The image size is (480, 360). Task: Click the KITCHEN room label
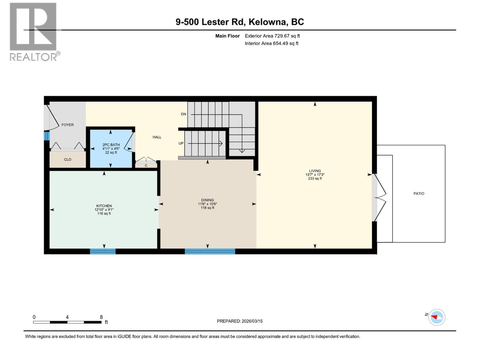tap(104, 206)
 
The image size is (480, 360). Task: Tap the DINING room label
tap(208, 200)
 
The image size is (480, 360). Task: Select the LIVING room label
tap(315, 171)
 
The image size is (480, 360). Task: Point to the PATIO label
tap(419, 193)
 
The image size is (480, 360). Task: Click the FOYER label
tap(67, 125)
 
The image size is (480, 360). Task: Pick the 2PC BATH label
tap(111, 145)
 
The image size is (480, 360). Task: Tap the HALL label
tap(157, 137)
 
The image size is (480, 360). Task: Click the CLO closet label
tap(67, 160)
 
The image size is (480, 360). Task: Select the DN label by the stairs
tap(183, 114)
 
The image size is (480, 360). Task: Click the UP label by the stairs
tap(181, 143)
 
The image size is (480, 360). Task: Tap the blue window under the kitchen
tap(103, 251)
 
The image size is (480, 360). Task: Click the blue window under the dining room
tap(210, 251)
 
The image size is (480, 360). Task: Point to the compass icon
tap(437, 317)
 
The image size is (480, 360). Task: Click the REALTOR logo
tap(34, 31)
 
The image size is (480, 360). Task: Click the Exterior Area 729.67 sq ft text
tap(272, 36)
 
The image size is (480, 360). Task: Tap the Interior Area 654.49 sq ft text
tap(271, 43)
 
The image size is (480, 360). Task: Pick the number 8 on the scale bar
tap(101, 317)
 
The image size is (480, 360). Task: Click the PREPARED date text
tap(240, 321)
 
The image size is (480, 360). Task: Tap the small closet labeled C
tap(146, 166)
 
